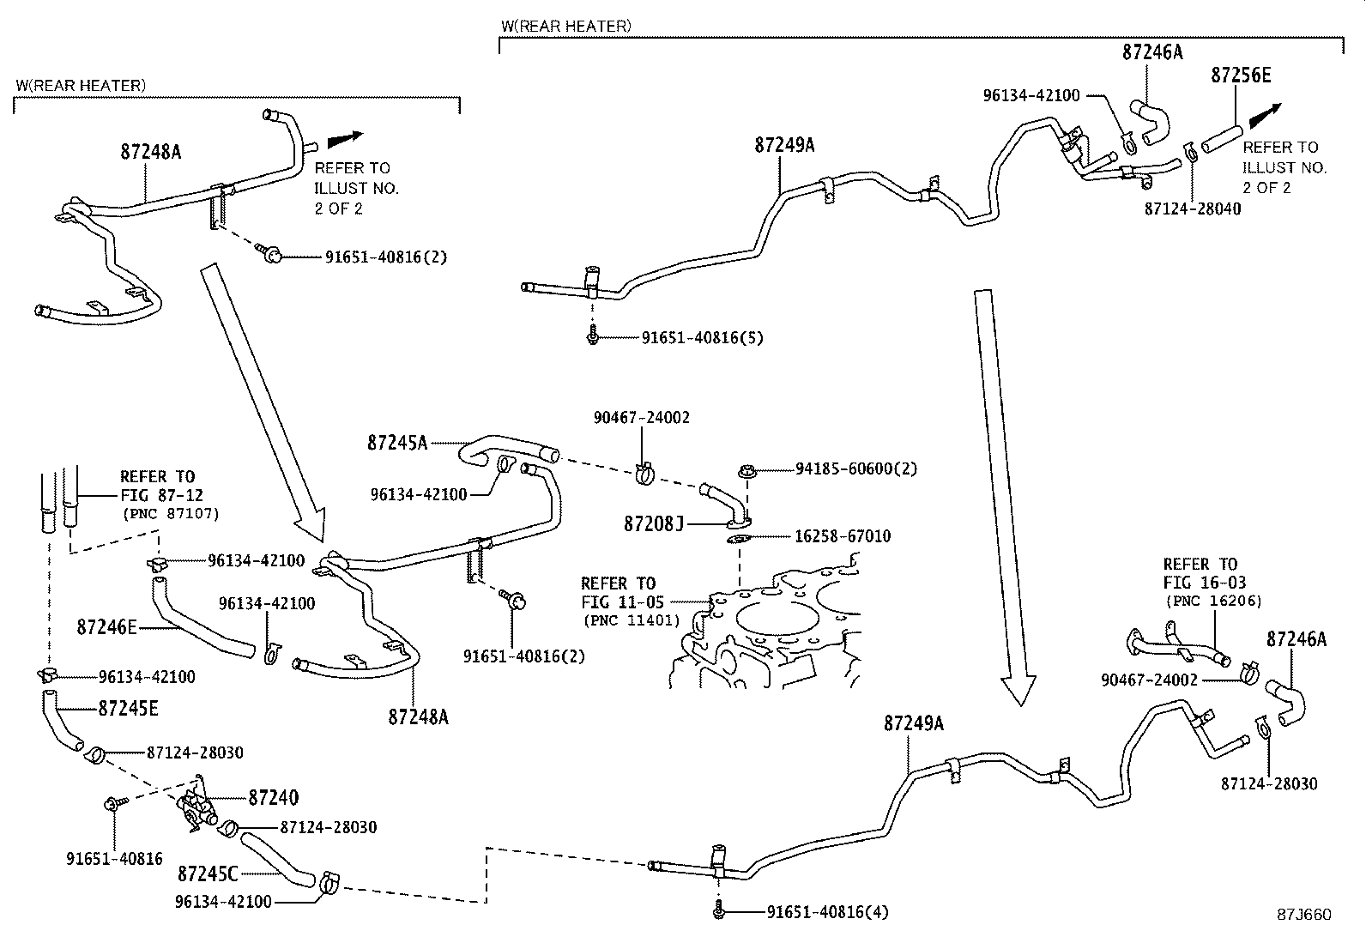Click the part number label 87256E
click(1241, 76)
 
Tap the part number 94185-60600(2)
click(855, 469)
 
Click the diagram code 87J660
click(1304, 915)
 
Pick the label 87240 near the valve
click(273, 798)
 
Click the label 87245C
click(207, 874)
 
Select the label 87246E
click(106, 627)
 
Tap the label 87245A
click(396, 443)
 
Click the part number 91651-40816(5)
click(702, 338)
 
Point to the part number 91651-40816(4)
click(826, 912)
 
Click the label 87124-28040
click(1192, 209)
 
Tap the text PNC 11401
click(630, 620)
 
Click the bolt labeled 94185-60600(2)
click(746, 470)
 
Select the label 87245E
click(128, 709)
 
